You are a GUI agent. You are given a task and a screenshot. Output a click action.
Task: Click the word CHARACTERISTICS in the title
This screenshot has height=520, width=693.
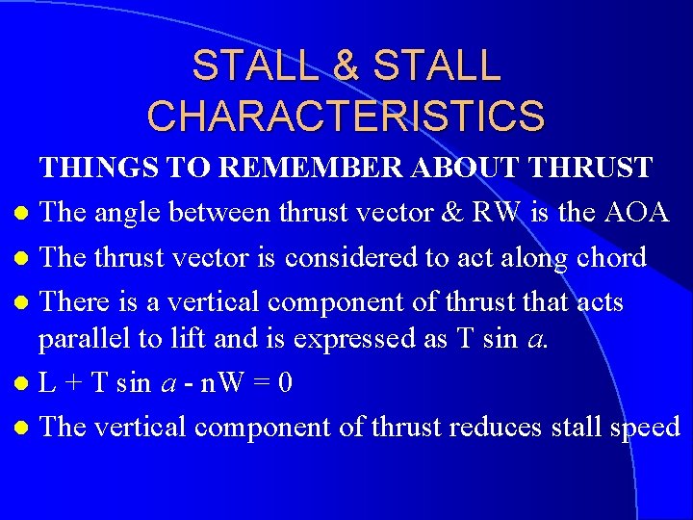tap(346, 115)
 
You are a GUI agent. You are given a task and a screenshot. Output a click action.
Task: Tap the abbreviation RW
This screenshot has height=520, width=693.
tap(491, 212)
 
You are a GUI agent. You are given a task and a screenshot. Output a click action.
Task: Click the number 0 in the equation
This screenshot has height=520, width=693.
tap(284, 383)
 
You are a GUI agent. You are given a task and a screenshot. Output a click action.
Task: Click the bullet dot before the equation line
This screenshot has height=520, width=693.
tap(21, 385)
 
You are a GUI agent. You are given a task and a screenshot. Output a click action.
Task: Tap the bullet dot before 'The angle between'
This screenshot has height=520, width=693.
tap(21, 214)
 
